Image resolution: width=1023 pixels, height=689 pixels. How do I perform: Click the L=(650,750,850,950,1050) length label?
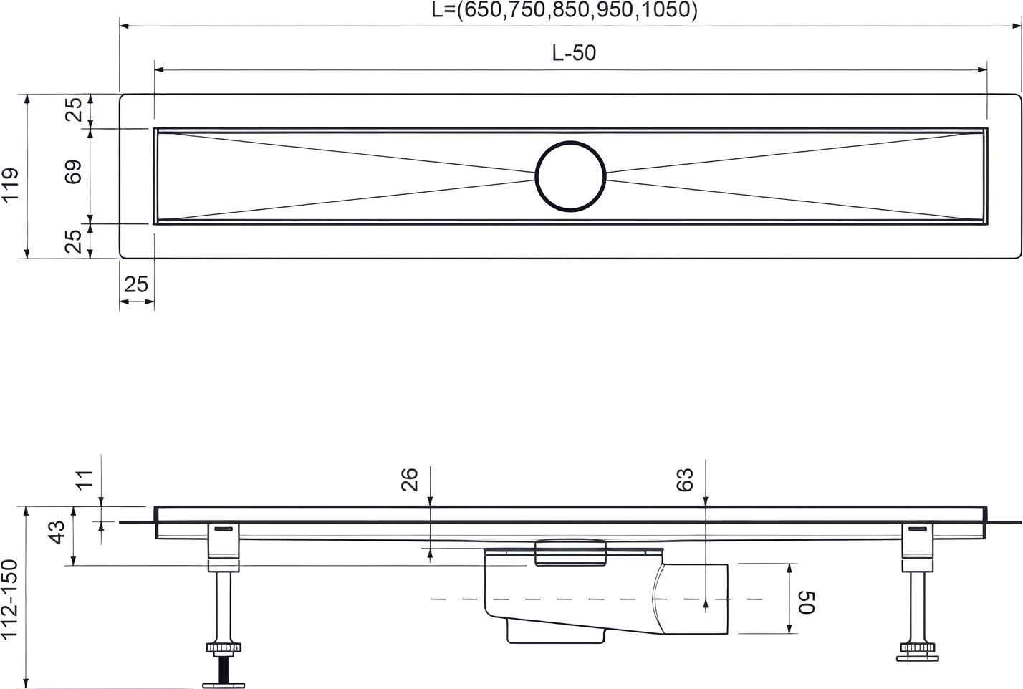point(565,10)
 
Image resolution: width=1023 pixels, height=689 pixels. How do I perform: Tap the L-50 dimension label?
point(574,53)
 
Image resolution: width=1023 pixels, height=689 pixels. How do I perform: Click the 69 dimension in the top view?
point(73,172)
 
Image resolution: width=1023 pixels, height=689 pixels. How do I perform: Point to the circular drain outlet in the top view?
point(570,176)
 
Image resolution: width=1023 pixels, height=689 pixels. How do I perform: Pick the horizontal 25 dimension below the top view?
point(136,284)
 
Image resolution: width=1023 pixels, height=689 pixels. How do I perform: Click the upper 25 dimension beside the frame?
point(73,110)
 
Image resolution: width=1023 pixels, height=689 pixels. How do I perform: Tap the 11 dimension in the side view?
point(85,480)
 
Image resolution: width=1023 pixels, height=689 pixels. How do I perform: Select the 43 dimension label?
point(57,532)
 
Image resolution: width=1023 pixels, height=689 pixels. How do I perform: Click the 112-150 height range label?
point(9,599)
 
